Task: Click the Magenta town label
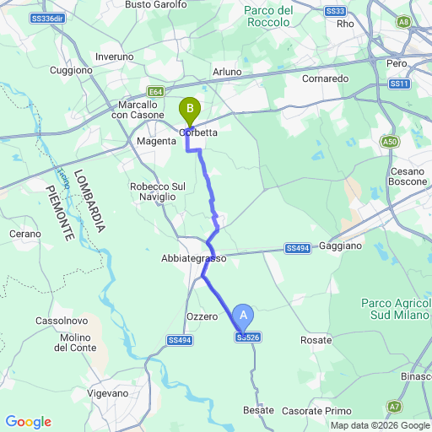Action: point(156,142)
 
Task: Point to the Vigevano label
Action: point(107,393)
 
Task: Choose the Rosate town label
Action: point(315,340)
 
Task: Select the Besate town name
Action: point(258,410)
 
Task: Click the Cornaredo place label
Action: point(326,78)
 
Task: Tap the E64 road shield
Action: point(154,92)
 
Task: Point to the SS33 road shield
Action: point(335,11)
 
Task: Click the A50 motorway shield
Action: point(390,142)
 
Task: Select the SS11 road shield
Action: point(400,84)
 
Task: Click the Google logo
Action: point(28,422)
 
